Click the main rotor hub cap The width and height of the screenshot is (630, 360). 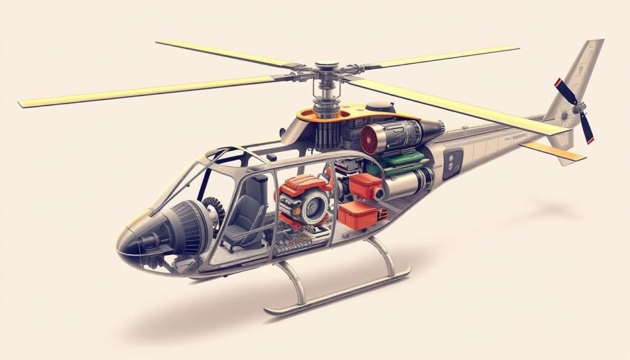pos(327,65)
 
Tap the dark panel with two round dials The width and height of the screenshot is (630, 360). pos(453,162)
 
